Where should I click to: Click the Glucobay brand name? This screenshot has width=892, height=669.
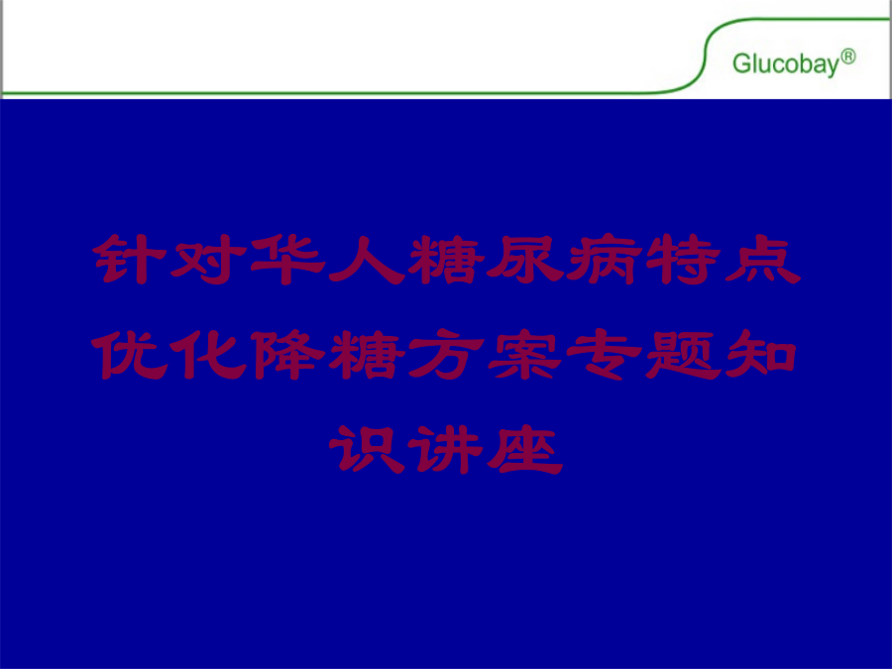[x=785, y=64]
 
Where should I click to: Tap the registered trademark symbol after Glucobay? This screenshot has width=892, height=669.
[x=847, y=56]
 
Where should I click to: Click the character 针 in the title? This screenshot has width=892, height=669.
[x=130, y=260]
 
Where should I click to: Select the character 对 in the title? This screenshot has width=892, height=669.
[x=208, y=260]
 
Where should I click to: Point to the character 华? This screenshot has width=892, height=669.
[x=287, y=260]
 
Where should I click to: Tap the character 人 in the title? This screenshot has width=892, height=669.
[x=367, y=260]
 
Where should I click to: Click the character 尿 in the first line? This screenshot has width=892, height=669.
[x=525, y=260]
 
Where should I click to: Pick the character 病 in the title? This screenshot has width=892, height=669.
[x=605, y=260]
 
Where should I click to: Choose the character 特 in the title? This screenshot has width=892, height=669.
[x=684, y=260]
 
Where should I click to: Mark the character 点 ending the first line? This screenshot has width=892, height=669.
[x=763, y=260]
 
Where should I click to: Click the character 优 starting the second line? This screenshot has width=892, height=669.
[x=130, y=355]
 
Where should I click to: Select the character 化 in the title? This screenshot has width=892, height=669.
[x=208, y=355]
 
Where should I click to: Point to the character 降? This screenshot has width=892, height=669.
[x=287, y=355]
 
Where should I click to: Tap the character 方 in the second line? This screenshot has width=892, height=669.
[x=447, y=355]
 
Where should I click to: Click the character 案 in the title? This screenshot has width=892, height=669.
[x=525, y=355]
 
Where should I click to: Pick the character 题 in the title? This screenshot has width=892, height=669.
[x=684, y=355]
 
